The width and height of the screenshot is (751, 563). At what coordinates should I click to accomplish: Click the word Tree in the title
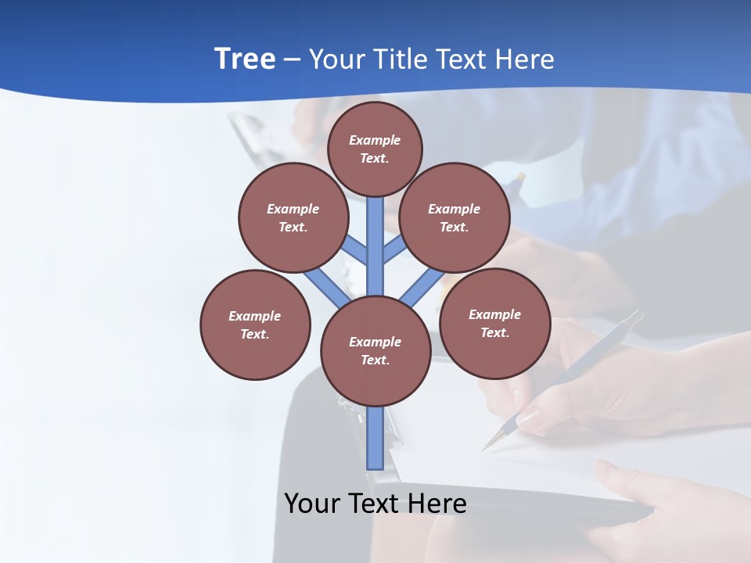244,59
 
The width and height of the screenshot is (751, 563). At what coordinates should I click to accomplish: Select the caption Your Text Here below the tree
375,503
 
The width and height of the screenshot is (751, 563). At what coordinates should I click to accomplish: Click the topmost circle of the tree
375,149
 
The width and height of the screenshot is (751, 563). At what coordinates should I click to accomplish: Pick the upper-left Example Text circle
293,217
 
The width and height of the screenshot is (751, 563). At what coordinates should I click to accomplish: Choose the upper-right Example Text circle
455,217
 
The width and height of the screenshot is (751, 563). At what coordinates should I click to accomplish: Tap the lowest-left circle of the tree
255,325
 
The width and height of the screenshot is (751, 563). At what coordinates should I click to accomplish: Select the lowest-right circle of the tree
495,323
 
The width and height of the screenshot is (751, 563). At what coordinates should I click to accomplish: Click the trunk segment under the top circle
375,235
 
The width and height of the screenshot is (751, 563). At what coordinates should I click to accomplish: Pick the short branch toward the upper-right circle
394,249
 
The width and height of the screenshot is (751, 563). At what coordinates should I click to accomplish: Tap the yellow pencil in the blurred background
516,184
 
